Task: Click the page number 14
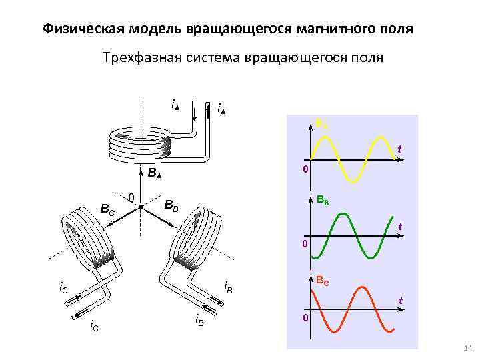click(467, 349)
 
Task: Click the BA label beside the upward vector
click(155, 176)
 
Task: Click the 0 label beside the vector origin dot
click(131, 197)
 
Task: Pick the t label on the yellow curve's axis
click(399, 148)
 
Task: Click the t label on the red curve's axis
click(399, 301)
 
